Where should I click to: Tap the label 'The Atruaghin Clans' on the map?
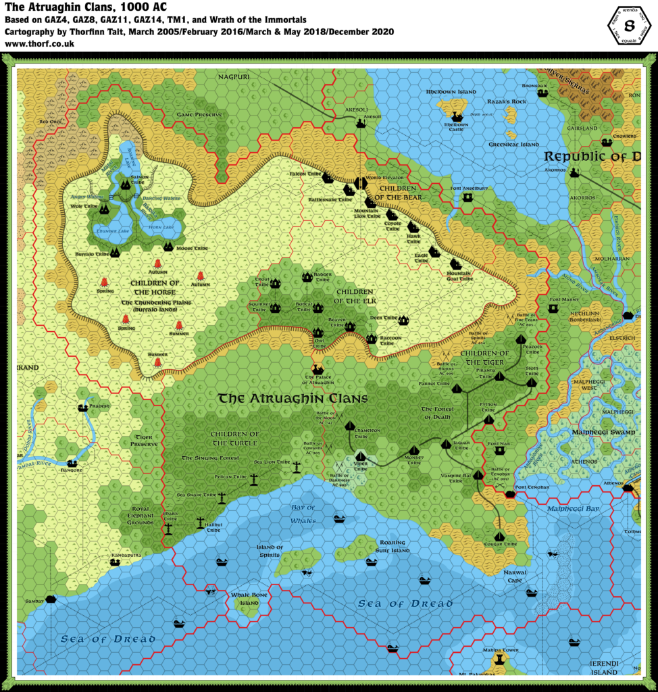coord(293,399)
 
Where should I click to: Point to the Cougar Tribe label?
coord(501,543)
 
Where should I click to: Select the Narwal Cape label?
coord(516,576)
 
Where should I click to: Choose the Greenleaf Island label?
coord(513,144)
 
